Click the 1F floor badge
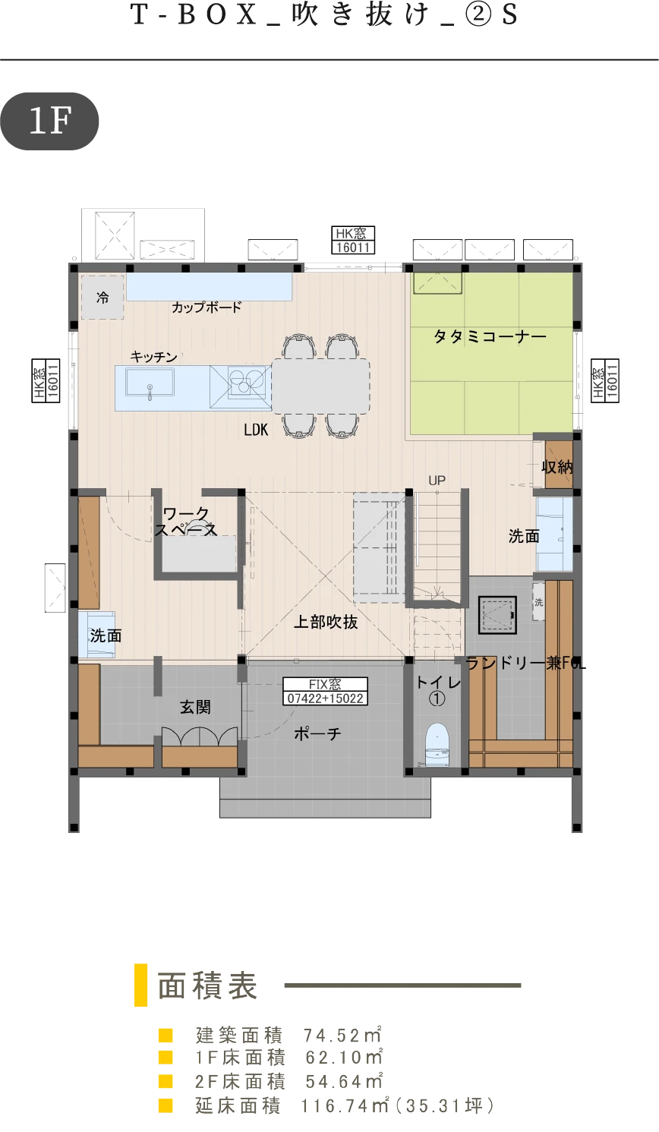tap(49, 121)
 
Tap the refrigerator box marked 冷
tap(102, 297)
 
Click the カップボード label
tap(207, 307)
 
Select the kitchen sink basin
tap(150, 382)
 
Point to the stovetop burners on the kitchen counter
tap(246, 381)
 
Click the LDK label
tap(256, 430)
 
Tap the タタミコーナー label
tap(490, 336)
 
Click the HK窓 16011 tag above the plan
tap(353, 240)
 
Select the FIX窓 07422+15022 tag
tap(325, 692)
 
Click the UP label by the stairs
tap(437, 481)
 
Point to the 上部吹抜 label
tap(326, 622)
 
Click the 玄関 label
tap(195, 707)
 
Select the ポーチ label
tap(317, 733)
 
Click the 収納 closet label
tap(557, 467)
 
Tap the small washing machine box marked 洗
tap(539, 602)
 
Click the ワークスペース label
tap(186, 522)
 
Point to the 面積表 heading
tap(208, 985)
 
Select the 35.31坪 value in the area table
tap(445, 1105)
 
